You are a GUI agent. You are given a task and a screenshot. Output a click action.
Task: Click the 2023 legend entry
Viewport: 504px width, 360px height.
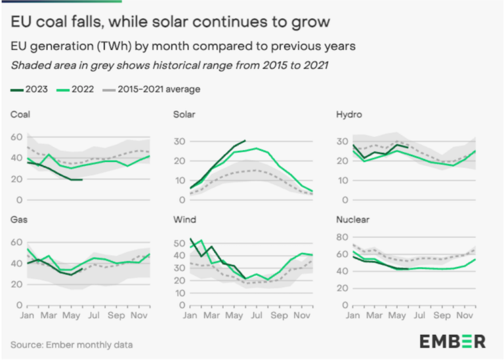[30, 89]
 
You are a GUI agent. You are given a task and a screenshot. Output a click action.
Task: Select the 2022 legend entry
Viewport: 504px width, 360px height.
[77, 89]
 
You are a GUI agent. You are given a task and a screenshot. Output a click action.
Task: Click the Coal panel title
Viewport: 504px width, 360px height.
[20, 115]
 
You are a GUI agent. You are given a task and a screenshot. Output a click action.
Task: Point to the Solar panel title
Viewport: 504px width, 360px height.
[185, 115]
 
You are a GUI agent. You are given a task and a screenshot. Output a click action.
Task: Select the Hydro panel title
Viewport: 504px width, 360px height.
[348, 115]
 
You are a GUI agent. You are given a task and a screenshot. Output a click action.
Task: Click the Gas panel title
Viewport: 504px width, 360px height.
[19, 220]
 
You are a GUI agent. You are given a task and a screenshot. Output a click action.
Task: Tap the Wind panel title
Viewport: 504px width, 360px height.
[184, 220]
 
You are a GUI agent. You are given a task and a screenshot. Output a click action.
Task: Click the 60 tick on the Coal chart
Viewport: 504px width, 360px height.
[16, 137]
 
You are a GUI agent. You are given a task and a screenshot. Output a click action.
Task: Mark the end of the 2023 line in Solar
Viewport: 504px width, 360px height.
[245, 140]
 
